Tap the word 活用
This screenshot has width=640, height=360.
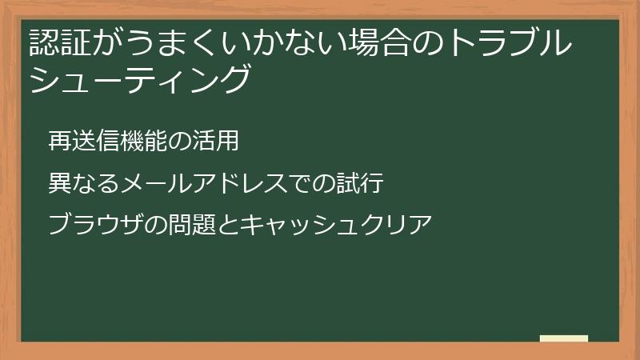pyautogui.click(x=218, y=142)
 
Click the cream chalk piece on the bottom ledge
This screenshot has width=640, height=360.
pyautogui.click(x=564, y=338)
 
